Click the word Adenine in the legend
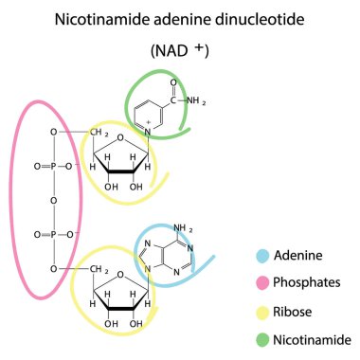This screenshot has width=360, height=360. [296, 255]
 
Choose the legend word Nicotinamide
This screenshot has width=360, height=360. [312, 338]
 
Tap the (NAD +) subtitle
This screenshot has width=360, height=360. [179, 50]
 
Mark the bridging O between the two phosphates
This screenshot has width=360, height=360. [54, 200]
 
